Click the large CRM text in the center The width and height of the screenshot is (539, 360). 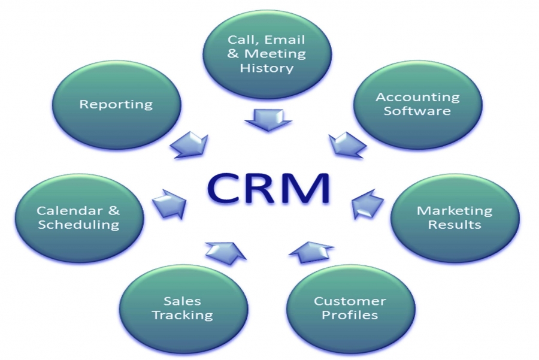pos(268,189)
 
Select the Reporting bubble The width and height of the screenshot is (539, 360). pos(116,105)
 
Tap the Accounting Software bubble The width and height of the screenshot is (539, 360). pos(417,105)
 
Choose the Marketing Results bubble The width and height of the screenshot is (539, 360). pos(455,218)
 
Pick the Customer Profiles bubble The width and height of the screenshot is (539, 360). pos(350,308)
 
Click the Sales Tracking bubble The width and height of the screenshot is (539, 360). pos(183,308)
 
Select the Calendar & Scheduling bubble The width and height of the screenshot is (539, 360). pos(79,218)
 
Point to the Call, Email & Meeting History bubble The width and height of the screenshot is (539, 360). pos(267,54)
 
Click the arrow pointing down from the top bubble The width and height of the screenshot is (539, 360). pos(268,120)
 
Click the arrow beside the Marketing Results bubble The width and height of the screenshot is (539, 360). pos(367,205)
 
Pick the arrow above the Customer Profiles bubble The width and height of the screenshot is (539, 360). pos(311,252)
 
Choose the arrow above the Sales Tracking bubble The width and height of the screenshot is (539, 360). pos(226,253)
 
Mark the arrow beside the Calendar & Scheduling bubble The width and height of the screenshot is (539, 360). pos(169,205)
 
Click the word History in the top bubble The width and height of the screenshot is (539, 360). pos(267,68)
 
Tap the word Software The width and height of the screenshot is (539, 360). pos(417,111)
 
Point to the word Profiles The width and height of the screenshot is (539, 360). pos(350,315)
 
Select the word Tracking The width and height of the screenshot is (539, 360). pos(183,315)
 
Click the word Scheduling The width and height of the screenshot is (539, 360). pos(78,225)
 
